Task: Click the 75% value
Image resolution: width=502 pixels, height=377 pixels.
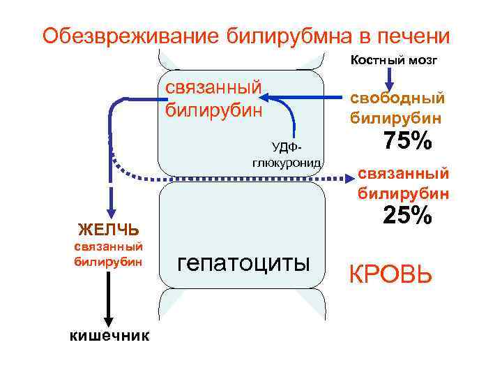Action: (407, 141)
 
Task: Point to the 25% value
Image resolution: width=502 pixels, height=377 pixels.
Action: (407, 216)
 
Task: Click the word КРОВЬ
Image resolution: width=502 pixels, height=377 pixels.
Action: (390, 274)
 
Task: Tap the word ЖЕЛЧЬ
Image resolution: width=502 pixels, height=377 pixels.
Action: (108, 229)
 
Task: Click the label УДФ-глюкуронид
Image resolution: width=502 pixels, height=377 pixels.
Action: (286, 154)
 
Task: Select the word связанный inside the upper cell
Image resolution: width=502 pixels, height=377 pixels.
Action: (214, 88)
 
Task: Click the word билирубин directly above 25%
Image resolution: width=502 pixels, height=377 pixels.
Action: (403, 192)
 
